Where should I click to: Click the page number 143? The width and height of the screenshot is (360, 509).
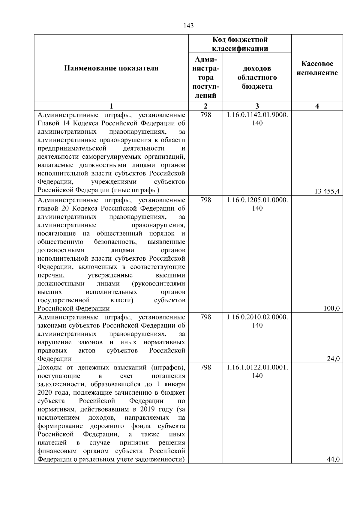click(188, 26)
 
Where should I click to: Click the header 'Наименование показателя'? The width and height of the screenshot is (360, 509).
click(111, 68)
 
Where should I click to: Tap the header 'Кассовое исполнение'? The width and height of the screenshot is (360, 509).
click(317, 68)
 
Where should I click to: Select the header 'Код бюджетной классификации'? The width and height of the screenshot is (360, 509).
click(240, 44)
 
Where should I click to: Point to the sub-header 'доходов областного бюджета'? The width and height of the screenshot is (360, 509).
click(257, 78)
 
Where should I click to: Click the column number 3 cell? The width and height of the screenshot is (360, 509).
click(257, 106)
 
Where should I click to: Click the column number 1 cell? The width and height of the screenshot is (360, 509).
click(111, 106)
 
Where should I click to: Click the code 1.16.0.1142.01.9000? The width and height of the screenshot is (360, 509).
click(257, 115)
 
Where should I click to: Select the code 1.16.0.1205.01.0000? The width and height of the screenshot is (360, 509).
click(257, 200)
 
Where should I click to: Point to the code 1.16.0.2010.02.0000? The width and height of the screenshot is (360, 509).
click(257, 317)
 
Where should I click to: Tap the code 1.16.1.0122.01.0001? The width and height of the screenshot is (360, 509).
click(257, 368)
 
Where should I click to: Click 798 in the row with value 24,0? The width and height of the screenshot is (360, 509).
click(205, 317)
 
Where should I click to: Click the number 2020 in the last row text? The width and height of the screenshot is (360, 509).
click(45, 393)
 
